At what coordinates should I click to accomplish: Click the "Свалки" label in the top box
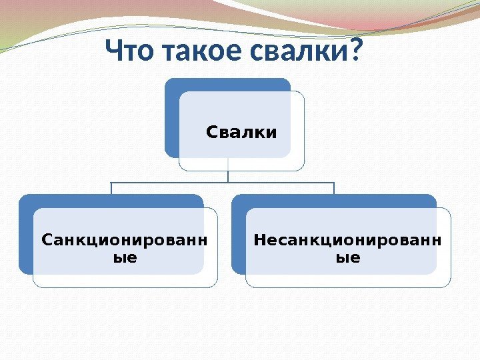[x=241, y=133]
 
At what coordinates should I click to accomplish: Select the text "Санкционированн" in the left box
[x=124, y=239]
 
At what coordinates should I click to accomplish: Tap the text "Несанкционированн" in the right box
[x=347, y=239]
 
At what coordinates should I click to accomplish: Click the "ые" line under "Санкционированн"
[x=124, y=255]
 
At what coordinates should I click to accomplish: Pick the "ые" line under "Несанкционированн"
[x=347, y=256]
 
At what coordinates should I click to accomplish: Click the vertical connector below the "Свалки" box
[x=228, y=175]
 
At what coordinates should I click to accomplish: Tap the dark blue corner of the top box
[x=172, y=87]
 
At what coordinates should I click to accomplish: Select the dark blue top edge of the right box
[x=333, y=200]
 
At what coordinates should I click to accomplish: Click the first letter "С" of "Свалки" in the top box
[x=212, y=133]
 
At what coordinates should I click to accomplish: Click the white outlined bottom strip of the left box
[x=125, y=281]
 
